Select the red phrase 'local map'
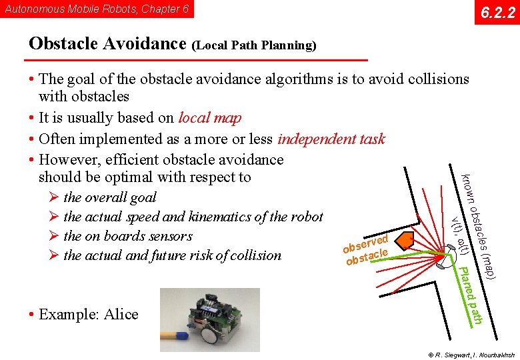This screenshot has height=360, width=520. (210, 118)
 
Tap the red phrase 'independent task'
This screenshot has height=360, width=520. (331, 139)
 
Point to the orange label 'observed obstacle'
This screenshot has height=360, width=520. (367, 249)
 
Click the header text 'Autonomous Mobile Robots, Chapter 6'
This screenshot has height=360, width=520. (97, 9)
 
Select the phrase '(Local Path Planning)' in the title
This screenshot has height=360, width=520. (254, 46)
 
